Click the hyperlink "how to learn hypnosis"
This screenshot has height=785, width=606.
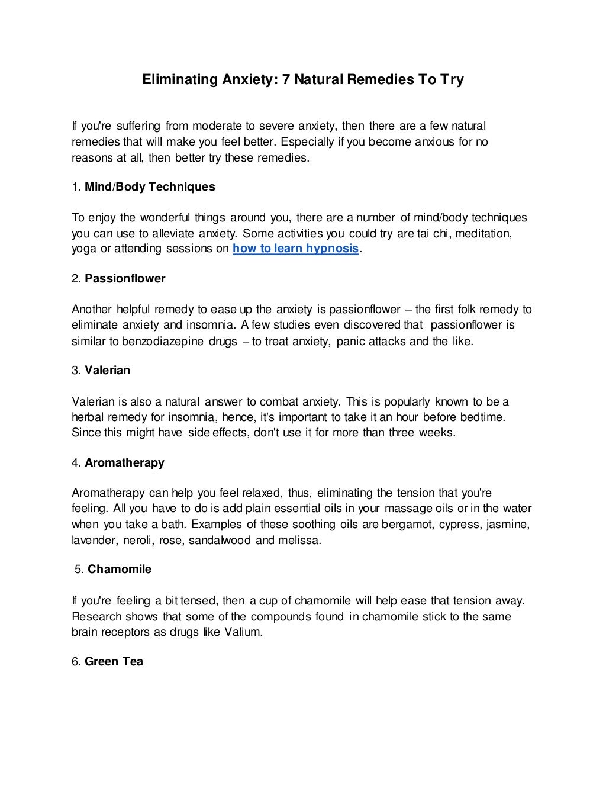(296, 249)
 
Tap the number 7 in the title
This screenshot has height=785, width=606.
(286, 79)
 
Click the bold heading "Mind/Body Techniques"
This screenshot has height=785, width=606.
(150, 187)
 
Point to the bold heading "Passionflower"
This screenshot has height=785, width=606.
(125, 279)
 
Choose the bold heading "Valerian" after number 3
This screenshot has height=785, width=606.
(107, 371)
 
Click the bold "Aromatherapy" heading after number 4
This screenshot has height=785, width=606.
(124, 462)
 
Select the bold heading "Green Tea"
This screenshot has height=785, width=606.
(114, 661)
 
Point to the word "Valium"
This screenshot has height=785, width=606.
(242, 632)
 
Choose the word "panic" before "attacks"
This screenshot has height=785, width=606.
(350, 342)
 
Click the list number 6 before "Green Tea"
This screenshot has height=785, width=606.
(75, 661)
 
